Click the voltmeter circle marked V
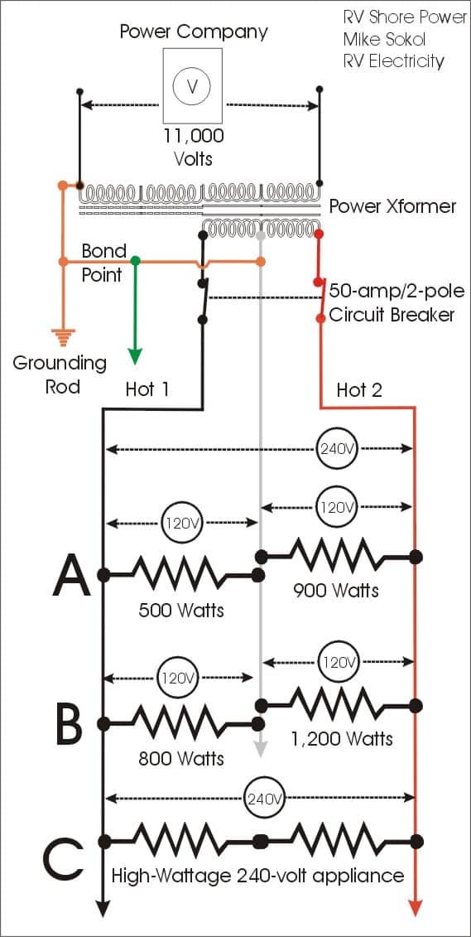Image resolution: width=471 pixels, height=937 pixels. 192,87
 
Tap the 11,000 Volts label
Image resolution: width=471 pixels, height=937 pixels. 194,147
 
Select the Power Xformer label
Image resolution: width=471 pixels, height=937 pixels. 393,207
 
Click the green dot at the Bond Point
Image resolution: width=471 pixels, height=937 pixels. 136,260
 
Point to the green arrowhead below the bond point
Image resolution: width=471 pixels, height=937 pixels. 136,355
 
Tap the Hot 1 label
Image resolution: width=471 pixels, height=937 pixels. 147,389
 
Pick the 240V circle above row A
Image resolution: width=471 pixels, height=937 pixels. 336,448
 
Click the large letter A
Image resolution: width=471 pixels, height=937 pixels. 71,575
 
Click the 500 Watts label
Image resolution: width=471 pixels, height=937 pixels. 181,610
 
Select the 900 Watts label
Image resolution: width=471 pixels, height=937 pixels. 335,591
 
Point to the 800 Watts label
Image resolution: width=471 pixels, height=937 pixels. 181,758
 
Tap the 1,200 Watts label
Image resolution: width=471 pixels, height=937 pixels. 342,738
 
